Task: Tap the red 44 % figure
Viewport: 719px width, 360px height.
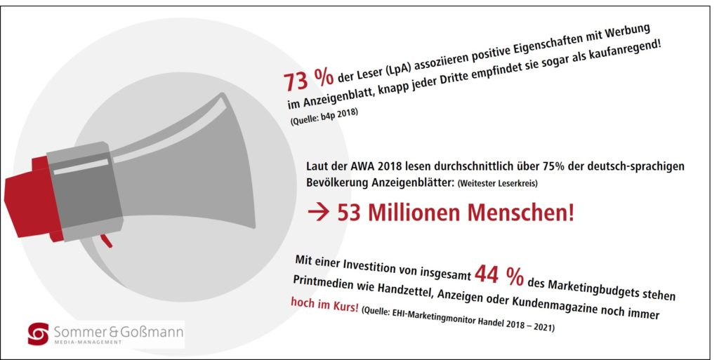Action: pos(499,274)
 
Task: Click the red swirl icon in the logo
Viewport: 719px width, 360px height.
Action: pos(38,333)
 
